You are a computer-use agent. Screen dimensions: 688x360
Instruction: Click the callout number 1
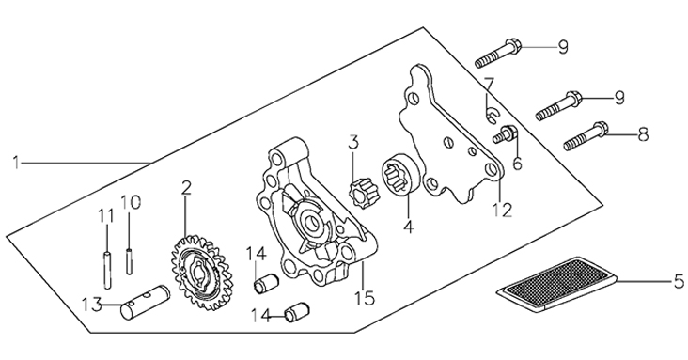point(17,163)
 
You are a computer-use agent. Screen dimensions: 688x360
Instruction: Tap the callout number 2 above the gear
point(186,188)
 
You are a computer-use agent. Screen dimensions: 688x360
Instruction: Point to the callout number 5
point(679,282)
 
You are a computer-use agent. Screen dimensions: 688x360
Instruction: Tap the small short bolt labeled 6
point(506,133)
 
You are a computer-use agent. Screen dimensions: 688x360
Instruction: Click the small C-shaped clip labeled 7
point(493,115)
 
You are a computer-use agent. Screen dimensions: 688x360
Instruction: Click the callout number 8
point(643,134)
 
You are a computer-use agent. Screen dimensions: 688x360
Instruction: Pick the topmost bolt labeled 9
point(498,54)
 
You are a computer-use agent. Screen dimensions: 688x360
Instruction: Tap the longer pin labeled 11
point(107,269)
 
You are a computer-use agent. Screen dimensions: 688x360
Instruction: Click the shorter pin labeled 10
point(129,261)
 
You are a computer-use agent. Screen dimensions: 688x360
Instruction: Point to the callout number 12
point(502,210)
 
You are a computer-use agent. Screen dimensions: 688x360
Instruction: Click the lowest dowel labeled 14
point(297,312)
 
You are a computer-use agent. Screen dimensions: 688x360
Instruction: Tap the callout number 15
point(365,298)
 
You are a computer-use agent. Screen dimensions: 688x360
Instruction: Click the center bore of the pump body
point(313,223)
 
